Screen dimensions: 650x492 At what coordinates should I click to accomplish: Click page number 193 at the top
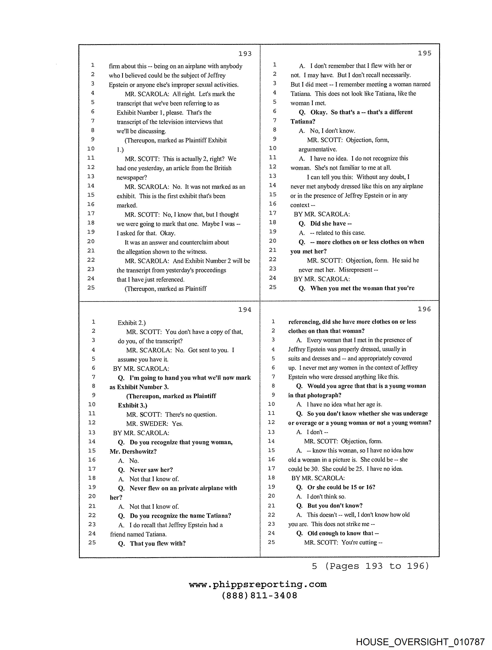(x=245, y=54)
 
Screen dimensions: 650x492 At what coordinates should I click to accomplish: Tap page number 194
(x=245, y=310)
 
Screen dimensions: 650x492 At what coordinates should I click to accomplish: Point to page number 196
(x=424, y=309)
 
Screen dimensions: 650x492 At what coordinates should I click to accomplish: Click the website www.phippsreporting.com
(x=258, y=584)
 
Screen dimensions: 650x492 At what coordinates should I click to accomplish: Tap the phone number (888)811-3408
(x=259, y=596)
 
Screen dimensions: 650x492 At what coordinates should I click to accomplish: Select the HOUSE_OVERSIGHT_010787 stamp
(x=420, y=642)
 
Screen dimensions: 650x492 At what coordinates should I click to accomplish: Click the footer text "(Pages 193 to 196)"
(x=377, y=566)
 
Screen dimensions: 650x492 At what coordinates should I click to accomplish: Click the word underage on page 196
(x=415, y=413)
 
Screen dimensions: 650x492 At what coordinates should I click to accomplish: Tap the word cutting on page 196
(x=368, y=543)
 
